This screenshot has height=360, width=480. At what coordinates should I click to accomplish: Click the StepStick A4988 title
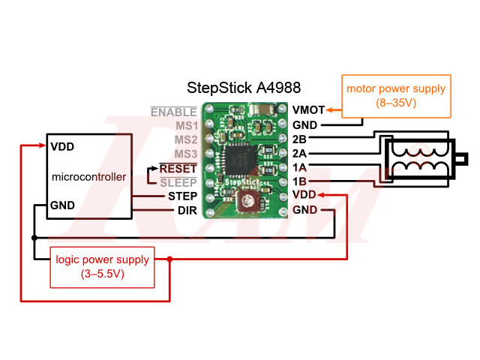(244, 88)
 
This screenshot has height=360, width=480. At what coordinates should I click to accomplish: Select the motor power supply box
(395, 95)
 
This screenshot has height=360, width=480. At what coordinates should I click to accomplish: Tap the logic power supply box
(102, 266)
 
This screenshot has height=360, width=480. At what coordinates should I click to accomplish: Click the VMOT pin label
(308, 110)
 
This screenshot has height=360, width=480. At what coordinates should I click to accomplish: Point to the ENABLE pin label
(173, 112)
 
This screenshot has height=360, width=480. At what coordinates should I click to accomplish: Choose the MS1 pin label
(185, 126)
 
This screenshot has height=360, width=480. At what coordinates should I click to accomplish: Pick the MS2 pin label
(185, 140)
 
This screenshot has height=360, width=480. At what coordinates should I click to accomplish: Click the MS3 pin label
(185, 154)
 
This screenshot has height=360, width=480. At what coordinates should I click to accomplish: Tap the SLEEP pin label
(178, 182)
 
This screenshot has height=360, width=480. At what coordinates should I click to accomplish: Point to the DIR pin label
(187, 211)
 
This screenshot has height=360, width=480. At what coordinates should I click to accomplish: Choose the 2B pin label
(299, 139)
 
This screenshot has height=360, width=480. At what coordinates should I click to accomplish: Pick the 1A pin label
(299, 166)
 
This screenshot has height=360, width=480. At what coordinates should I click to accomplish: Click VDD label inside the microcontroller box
(62, 146)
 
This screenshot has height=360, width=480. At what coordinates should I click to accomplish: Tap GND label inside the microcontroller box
(62, 205)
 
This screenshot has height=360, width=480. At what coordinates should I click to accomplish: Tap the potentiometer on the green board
(246, 199)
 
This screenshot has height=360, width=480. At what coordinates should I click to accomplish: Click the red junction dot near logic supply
(170, 259)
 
